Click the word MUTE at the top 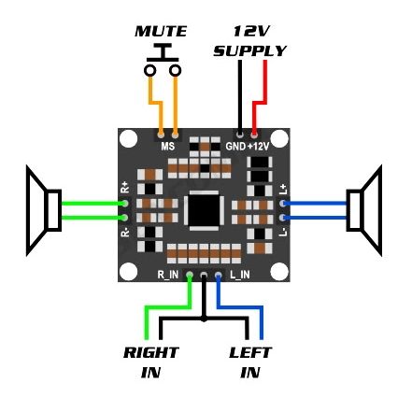tap(161, 31)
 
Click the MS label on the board tap(168, 146)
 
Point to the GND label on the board tap(235, 146)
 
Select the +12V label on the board tap(258, 146)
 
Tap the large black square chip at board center tap(204, 210)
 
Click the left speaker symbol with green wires tap(44, 210)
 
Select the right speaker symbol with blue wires tap(364, 210)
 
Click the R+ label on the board tap(125, 187)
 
